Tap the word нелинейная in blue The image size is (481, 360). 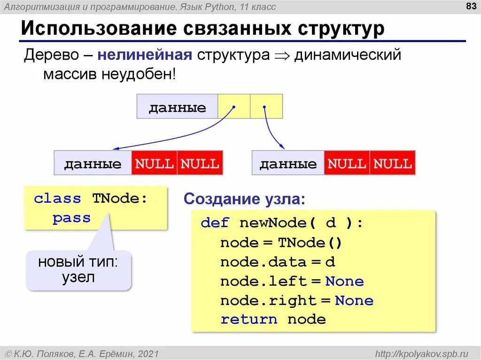pyautogui.click(x=145, y=55)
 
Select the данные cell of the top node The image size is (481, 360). pyautogui.click(x=178, y=107)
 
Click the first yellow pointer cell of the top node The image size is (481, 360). pyautogui.click(x=234, y=107)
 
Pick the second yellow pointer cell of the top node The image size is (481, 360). pyautogui.click(x=266, y=107)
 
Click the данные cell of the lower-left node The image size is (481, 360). pyautogui.click(x=93, y=163)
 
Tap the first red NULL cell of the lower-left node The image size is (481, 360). pyautogui.click(x=155, y=163)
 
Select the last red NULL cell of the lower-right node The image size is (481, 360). pyautogui.click(x=393, y=163)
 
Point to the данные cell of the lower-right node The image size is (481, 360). pyautogui.click(x=288, y=163)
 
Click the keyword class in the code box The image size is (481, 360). pyautogui.click(x=57, y=199)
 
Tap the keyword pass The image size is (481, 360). pyautogui.click(x=71, y=218)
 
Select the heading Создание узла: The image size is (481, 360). pyautogui.click(x=244, y=199)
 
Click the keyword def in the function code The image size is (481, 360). pyautogui.click(x=215, y=223)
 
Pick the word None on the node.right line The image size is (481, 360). pyautogui.click(x=354, y=300)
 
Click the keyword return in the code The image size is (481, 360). pyautogui.click(x=249, y=320)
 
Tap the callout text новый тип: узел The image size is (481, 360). pyautogui.click(x=78, y=269)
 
